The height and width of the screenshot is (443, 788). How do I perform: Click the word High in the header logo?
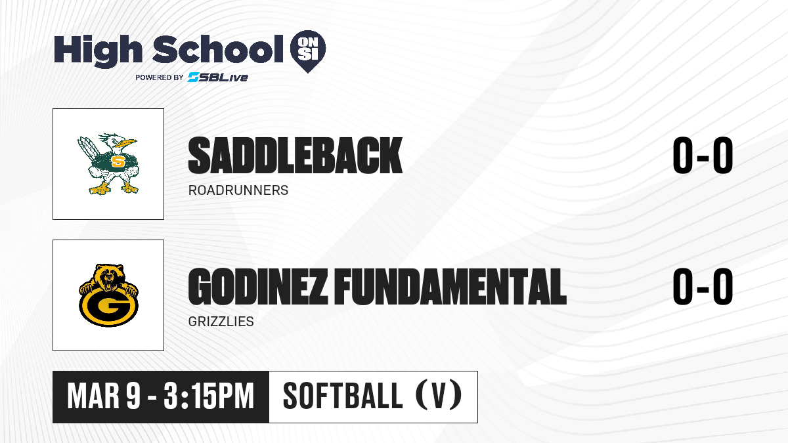98,51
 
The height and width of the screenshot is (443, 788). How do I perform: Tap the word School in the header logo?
217,49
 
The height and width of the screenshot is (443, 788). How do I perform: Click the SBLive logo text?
217,77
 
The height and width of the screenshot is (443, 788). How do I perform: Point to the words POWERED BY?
159,77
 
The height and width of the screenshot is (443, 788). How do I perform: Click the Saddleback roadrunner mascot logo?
108,164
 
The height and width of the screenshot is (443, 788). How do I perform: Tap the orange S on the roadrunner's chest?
118,161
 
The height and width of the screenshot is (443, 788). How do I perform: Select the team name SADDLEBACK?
295,156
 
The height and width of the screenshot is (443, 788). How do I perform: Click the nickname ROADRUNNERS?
238,190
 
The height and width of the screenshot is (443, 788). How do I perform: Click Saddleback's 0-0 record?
703,155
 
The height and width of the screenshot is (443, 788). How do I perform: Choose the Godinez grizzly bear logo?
108,295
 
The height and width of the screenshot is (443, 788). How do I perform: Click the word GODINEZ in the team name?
258,287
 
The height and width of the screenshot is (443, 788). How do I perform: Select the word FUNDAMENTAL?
450,287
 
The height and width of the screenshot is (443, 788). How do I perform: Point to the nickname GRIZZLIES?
221,322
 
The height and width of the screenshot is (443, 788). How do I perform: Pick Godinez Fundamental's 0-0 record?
703,287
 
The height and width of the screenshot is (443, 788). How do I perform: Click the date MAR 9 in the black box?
104,396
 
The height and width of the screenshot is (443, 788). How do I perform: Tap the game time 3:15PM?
209,396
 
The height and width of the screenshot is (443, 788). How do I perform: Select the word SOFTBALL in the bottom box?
343,396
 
